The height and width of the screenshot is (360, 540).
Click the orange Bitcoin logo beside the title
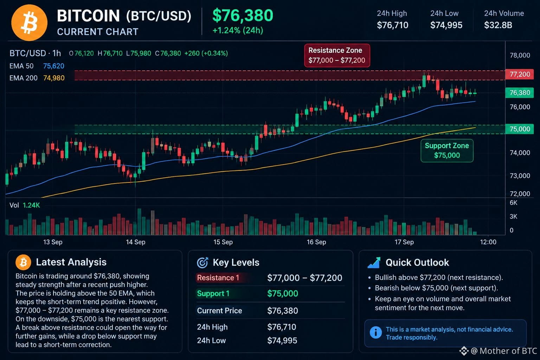coord(29,22)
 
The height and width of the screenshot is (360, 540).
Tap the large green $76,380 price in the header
coord(243,15)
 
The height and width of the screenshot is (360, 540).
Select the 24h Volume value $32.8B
coord(498,25)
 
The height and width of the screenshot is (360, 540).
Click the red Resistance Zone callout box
coord(337,56)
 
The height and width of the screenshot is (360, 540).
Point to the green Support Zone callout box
coord(447,150)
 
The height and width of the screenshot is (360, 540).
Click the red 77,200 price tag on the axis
coord(520,74)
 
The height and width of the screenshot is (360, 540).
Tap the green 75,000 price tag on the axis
coord(520,129)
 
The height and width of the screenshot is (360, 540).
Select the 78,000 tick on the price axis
coord(520,55)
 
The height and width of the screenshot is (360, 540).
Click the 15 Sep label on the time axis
coord(223,242)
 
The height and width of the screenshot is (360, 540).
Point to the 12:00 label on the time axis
coord(488,242)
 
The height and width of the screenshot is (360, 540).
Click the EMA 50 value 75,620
coord(54,66)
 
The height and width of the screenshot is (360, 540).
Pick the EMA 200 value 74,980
coord(54,78)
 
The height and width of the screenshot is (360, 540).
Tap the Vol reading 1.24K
coord(31,205)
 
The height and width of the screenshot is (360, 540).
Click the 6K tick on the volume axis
coord(513,202)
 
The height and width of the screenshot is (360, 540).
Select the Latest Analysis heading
coord(71,262)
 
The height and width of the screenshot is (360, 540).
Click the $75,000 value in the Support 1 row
coord(283,294)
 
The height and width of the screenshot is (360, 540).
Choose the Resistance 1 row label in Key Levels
coord(218,278)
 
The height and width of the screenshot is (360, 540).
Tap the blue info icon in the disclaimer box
coord(375,333)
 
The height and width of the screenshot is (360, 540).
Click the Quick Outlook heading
coord(417,262)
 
